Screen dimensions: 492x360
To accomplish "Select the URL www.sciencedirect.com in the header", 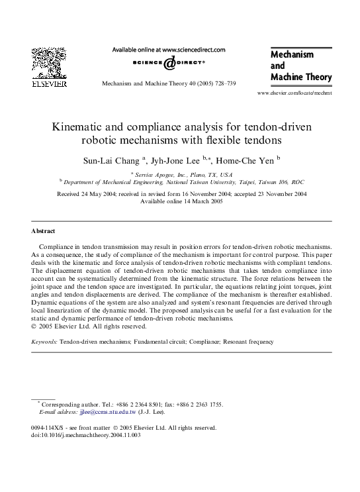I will pyautogui.click(x=193, y=49).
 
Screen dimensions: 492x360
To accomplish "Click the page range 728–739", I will pyautogui.click(x=222, y=83).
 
